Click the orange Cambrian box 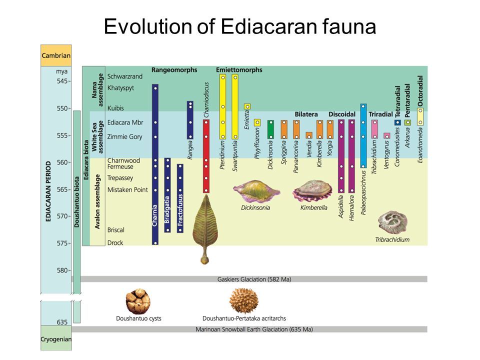click(55, 55)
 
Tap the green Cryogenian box click(55, 339)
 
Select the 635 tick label click(61, 322)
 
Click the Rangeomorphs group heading click(174, 70)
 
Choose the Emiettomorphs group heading click(239, 70)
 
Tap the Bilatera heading click(306, 114)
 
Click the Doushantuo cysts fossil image click(138, 301)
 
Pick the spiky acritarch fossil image click(243, 300)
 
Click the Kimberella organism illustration click(312, 190)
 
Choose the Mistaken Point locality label click(127, 189)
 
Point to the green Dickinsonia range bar click(270, 129)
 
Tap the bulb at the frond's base click(204, 259)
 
